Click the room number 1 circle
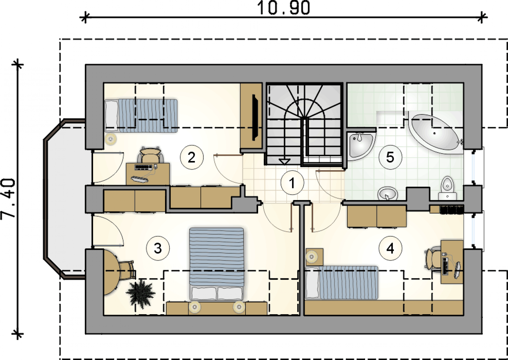coord(292,183)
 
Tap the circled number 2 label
coord(192,157)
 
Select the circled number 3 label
coord(158,248)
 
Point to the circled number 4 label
coord(390,249)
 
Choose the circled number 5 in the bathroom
coord(390,157)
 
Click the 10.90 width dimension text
coord(284,8)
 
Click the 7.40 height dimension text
coord(8,199)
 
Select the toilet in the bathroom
coord(447,189)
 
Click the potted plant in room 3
coord(141,294)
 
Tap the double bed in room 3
coord(217,264)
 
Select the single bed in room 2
coord(141,116)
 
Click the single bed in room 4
coord(342,283)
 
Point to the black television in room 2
coord(255,117)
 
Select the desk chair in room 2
coord(150,155)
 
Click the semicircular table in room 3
coord(111,272)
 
